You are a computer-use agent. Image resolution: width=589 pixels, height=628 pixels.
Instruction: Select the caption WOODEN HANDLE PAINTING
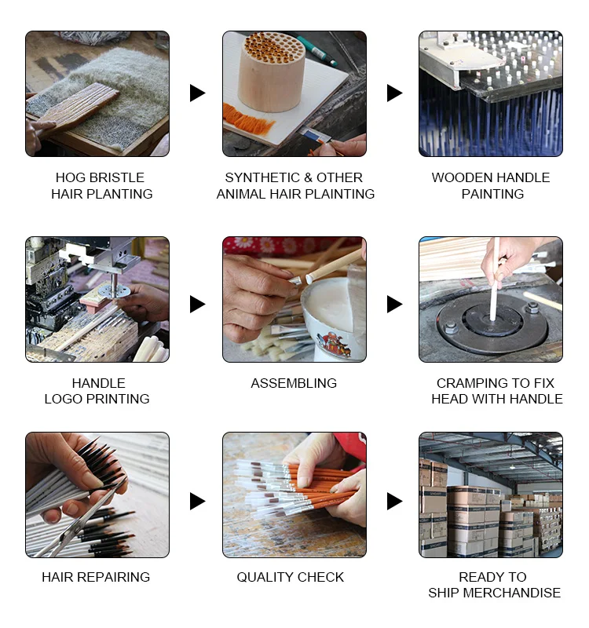click(492, 185)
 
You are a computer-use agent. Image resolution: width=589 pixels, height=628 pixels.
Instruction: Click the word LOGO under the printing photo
click(64, 399)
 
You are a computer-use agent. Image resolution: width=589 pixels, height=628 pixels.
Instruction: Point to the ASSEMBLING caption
click(294, 383)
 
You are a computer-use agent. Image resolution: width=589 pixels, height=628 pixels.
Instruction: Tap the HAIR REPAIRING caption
click(96, 577)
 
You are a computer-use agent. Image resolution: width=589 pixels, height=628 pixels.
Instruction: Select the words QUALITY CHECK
click(290, 577)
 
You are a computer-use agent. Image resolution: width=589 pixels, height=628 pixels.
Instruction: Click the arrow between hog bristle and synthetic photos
click(197, 93)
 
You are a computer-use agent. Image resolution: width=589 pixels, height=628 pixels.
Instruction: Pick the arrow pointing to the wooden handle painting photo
click(394, 93)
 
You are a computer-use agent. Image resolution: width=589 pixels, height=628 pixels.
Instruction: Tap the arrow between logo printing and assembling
click(197, 305)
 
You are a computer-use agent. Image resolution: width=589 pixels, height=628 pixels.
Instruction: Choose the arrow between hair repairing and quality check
click(197, 502)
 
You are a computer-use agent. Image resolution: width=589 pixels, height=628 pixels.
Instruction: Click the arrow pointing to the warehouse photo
click(394, 502)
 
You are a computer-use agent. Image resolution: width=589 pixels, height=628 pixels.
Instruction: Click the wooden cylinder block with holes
click(271, 72)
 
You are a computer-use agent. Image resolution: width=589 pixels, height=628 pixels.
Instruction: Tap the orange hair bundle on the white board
click(247, 119)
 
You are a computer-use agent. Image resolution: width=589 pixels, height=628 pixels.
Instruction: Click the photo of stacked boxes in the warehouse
click(491, 495)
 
